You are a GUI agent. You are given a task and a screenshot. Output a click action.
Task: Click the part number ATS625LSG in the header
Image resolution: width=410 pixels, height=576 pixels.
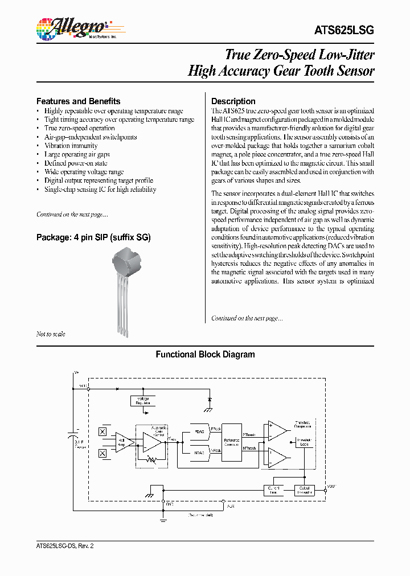(x=344, y=31)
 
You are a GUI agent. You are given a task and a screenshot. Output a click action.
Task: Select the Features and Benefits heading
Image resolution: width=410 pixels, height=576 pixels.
(x=78, y=101)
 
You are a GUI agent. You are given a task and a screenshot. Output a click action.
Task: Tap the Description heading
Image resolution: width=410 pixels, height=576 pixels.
(x=233, y=101)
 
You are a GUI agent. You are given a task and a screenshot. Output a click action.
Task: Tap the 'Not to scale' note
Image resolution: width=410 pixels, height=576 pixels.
(x=51, y=334)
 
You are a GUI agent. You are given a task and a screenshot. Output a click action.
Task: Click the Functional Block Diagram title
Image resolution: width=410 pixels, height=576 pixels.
(x=205, y=355)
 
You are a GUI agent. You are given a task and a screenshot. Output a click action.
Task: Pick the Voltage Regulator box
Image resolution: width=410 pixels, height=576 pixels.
(x=142, y=400)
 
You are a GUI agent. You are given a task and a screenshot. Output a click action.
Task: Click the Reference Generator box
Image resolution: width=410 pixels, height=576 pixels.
(x=232, y=442)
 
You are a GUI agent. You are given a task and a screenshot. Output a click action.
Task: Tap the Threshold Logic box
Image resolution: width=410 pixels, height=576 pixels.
(x=304, y=442)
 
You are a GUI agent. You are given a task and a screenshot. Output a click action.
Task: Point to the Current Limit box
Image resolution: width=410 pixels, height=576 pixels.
(x=273, y=490)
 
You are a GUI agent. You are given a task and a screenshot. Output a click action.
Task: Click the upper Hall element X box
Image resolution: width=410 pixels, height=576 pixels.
(x=103, y=431)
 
